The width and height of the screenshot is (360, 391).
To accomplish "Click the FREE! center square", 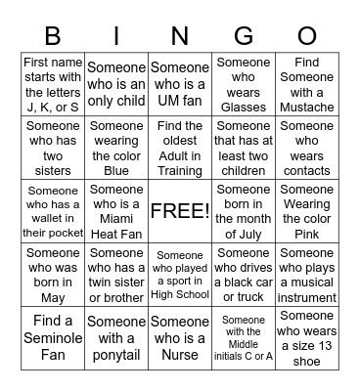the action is click(x=180, y=211).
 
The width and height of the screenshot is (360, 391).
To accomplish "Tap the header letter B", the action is click(x=53, y=37).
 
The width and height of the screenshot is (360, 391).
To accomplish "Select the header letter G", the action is click(x=244, y=37).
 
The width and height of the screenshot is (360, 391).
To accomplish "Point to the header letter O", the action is click(x=306, y=37).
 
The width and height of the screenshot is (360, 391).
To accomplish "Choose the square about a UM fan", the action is click(x=180, y=85).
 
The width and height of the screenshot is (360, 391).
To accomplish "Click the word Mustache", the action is click(x=306, y=108).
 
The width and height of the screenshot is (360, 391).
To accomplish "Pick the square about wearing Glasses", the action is click(x=244, y=85).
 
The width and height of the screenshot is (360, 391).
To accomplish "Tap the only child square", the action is click(x=116, y=85).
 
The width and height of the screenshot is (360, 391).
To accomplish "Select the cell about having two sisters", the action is click(x=53, y=148).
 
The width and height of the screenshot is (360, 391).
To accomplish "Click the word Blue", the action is click(x=116, y=170).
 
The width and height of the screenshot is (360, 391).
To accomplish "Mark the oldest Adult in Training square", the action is click(x=180, y=148).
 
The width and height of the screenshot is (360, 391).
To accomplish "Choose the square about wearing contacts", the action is click(x=306, y=148).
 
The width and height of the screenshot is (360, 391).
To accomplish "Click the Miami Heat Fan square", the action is click(x=116, y=211).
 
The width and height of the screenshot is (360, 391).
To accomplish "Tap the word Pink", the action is click(x=306, y=235).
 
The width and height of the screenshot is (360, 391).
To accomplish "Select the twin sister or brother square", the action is click(x=116, y=275).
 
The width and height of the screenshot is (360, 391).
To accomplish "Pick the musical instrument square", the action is click(x=306, y=275).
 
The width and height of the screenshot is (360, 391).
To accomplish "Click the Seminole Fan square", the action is click(x=53, y=337).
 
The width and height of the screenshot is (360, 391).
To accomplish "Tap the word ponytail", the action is click(x=116, y=355).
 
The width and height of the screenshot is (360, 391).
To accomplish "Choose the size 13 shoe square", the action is click(x=306, y=337).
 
